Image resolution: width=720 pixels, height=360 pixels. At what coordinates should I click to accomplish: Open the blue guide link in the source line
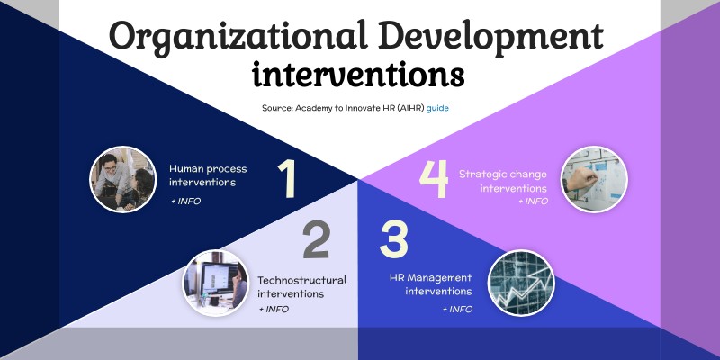click(x=438, y=107)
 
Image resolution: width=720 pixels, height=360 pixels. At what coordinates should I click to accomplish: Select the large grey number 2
click(x=316, y=240)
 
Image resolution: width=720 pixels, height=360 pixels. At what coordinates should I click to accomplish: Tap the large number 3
click(x=393, y=240)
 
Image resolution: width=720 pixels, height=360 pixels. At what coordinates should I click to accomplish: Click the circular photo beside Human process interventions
click(x=123, y=179)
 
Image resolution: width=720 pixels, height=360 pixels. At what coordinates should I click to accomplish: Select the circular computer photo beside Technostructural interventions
click(x=216, y=282)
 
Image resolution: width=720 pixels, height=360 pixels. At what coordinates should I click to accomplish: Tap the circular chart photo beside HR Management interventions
click(x=521, y=282)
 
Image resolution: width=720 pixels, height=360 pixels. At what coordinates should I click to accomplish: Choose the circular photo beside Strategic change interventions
click(x=594, y=179)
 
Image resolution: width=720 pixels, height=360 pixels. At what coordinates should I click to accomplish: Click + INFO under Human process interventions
click(x=185, y=201)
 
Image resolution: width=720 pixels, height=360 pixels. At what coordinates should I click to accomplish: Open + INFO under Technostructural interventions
click(x=274, y=309)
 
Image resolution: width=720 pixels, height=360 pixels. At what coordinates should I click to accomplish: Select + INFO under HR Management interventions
click(x=456, y=309)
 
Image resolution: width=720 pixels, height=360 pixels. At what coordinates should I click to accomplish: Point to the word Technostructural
click(x=301, y=279)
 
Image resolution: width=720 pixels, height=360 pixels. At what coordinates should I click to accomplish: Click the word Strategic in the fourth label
click(x=484, y=174)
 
